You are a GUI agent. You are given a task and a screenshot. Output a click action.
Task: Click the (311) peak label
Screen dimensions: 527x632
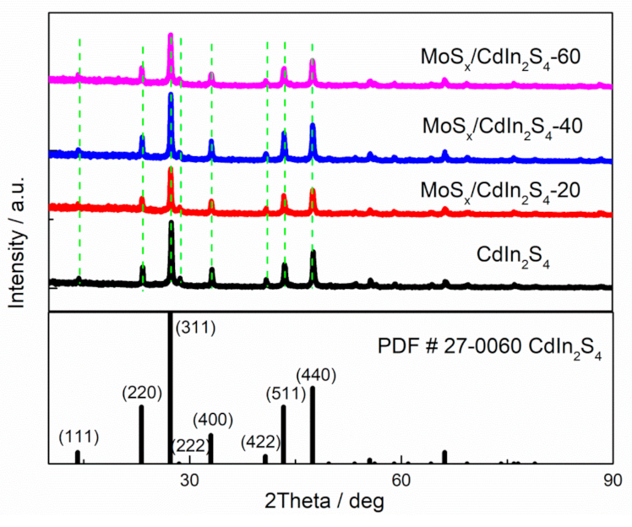pos(194,325)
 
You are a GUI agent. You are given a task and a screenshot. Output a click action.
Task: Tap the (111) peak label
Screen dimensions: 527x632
pos(79,437)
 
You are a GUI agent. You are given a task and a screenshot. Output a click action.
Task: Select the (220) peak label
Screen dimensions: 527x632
pos(142,393)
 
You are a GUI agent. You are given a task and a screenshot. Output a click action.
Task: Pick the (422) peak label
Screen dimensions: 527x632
pos(263,441)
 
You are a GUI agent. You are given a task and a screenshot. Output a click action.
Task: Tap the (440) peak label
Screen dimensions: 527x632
pos(316,372)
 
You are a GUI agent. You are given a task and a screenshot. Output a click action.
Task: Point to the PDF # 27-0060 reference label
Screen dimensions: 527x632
pos(489,348)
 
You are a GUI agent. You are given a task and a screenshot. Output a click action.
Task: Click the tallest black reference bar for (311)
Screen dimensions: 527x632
pos(171,388)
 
